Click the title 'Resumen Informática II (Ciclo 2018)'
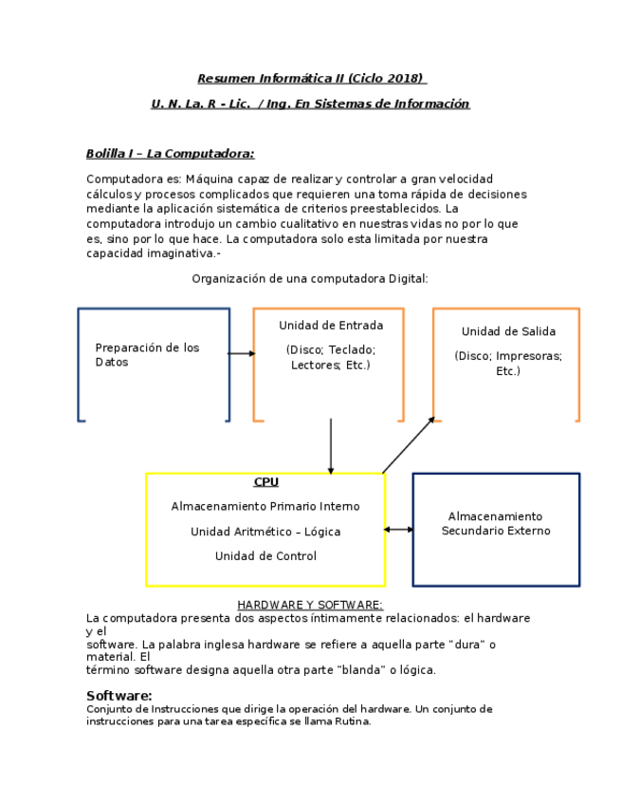pyautogui.click(x=310, y=78)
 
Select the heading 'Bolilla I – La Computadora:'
pyautogui.click(x=170, y=154)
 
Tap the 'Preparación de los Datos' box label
pyautogui.click(x=147, y=355)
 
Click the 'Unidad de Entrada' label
pyautogui.click(x=331, y=326)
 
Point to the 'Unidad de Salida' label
pyautogui.click(x=508, y=331)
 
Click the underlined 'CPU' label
pyautogui.click(x=266, y=482)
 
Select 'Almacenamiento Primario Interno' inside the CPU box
pyautogui.click(x=265, y=507)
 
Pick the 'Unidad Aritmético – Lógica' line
pyautogui.click(x=265, y=532)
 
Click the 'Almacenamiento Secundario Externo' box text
pyautogui.click(x=496, y=524)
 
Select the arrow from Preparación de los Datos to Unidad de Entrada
pyautogui.click(x=242, y=353)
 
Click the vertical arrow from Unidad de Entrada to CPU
pyautogui.click(x=331, y=446)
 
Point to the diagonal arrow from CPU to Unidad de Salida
pyautogui.click(x=408, y=445)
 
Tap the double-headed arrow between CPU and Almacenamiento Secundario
pyautogui.click(x=399, y=530)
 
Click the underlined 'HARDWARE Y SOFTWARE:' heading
pyautogui.click(x=310, y=605)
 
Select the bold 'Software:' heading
pyautogui.click(x=119, y=696)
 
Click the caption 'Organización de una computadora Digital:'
pyautogui.click(x=310, y=278)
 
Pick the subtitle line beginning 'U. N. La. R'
pyautogui.click(x=310, y=103)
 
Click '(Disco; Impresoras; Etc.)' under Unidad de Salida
pyautogui.click(x=508, y=364)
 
